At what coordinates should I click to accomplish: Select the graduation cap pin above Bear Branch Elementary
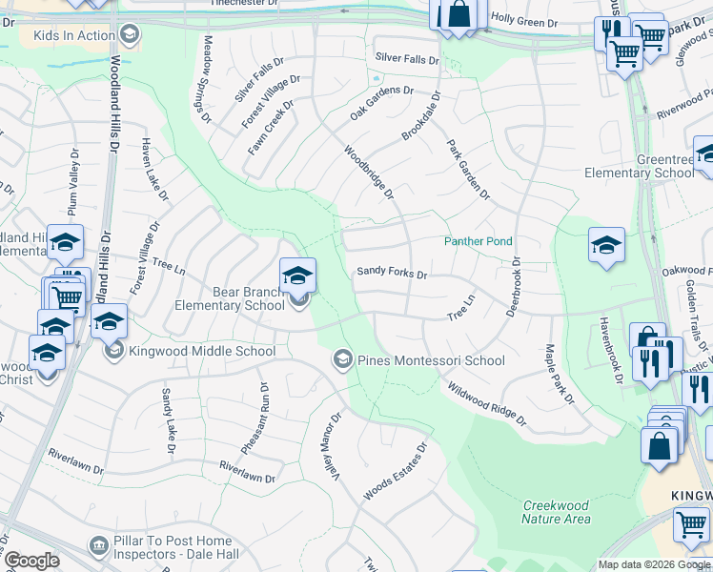point(297,276)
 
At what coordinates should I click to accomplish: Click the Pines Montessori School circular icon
point(342,359)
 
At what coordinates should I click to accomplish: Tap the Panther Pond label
point(478,241)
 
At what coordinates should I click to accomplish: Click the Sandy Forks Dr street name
point(392,272)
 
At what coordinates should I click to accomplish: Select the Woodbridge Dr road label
point(369,172)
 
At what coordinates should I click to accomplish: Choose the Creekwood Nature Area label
point(556,512)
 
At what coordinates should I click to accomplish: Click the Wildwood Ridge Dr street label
point(486,400)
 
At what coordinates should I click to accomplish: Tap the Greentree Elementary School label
point(638,166)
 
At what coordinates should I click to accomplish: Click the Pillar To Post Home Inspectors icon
point(99,545)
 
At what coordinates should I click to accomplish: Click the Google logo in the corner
point(31,561)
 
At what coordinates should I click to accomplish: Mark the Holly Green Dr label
point(523,17)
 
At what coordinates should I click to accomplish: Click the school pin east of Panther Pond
point(606,245)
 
